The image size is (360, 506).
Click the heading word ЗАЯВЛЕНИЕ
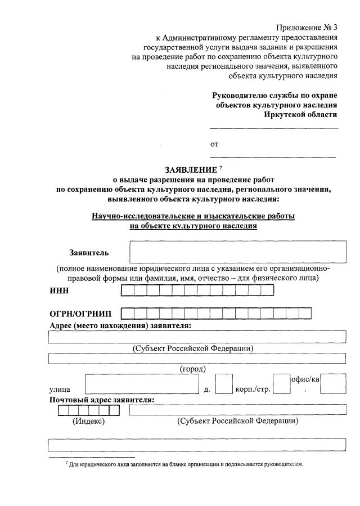(190, 169)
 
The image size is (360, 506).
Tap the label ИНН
(59, 290)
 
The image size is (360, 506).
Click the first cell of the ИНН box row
(128, 290)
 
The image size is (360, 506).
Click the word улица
(60, 389)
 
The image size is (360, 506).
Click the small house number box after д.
(224, 384)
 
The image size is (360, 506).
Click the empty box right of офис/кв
(336, 384)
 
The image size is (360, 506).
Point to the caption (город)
(192, 369)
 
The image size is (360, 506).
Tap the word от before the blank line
(214, 144)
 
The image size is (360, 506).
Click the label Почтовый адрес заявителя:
(102, 400)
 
